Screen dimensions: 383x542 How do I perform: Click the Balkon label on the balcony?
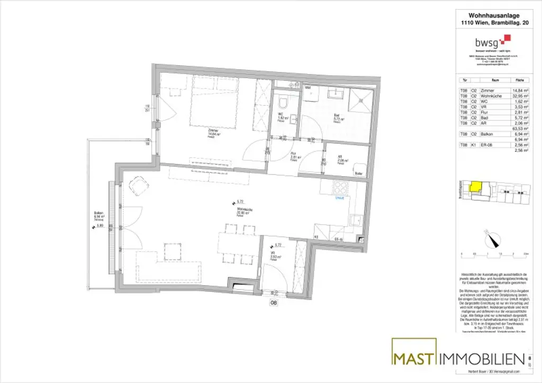98,214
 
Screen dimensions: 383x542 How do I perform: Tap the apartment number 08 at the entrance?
274,303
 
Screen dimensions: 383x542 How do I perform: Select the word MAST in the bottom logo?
414,359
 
